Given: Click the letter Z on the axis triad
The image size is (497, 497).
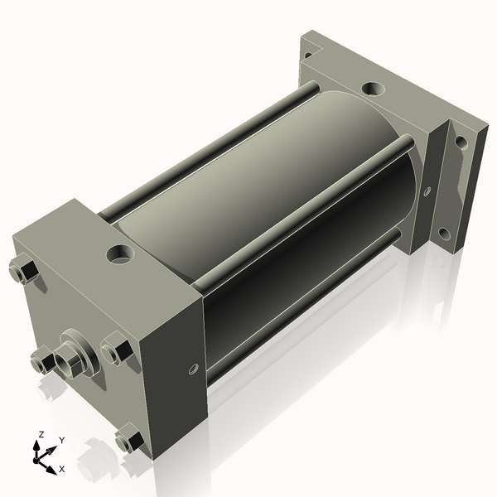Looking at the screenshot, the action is [41, 434].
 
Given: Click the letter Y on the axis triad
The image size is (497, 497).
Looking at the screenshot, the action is [62, 441].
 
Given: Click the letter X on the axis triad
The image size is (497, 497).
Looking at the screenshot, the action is [62, 469].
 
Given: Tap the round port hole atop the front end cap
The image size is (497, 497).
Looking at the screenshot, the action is [120, 254].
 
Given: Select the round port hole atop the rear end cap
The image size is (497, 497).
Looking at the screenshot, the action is [373, 88].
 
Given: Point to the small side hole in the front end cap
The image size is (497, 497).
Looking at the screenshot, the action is [193, 369].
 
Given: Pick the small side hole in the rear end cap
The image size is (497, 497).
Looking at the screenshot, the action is [427, 191].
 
